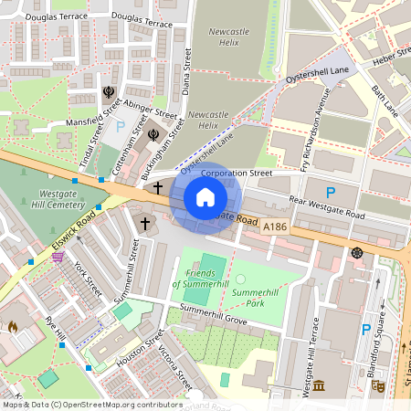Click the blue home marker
205,197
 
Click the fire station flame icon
13,325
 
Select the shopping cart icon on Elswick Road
58,258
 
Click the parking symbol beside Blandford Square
366,330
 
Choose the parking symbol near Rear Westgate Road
331,193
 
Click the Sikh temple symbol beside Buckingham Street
153,134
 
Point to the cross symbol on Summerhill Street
144,224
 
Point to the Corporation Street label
237,172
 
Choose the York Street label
89,272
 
